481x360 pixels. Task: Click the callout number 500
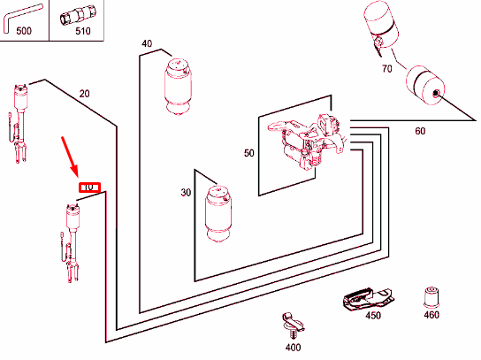[x=24, y=31]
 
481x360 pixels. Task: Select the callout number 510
[x=83, y=31]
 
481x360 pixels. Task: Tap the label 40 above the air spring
[x=147, y=43]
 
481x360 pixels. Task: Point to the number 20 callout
[x=84, y=93]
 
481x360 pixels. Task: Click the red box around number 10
[x=89, y=188]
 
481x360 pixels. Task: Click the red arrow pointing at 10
[x=70, y=157]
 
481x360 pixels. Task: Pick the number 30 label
[x=186, y=193]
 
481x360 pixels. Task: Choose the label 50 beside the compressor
[x=249, y=153]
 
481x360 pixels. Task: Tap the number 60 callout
[x=420, y=131]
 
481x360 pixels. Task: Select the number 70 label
[x=386, y=68]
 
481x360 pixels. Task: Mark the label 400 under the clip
[x=293, y=348]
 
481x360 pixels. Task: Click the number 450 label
[x=373, y=315]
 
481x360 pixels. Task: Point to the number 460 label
[x=431, y=315]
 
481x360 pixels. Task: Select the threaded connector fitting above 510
[x=77, y=15]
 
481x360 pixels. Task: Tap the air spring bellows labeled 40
[x=178, y=87]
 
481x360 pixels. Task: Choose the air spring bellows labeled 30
[x=218, y=213]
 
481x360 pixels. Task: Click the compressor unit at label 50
[x=307, y=142]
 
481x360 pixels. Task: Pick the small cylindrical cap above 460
[x=431, y=297]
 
